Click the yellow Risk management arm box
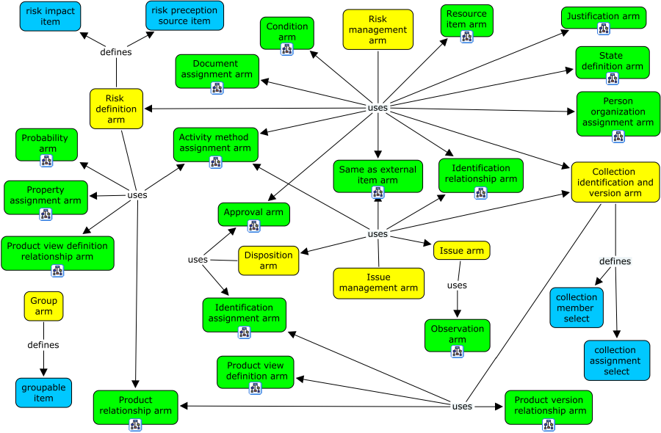pyautogui.click(x=378, y=29)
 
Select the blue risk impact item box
pyautogui.click(x=50, y=16)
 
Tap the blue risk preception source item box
pyautogui.click(x=184, y=15)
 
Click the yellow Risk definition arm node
pyautogui.click(x=116, y=109)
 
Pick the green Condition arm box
pyautogui.click(x=287, y=32)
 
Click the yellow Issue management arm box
pyautogui.click(x=378, y=283)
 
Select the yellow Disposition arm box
pyautogui.click(x=268, y=260)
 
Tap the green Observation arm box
pyautogui.click(x=457, y=334)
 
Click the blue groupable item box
pyautogui.click(x=43, y=393)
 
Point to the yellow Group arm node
pyautogui.click(x=43, y=306)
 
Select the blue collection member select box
pyautogui.click(x=577, y=308)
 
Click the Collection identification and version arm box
pyautogui.click(x=615, y=182)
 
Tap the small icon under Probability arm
pyautogui.click(x=46, y=161)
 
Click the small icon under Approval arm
pyautogui.click(x=253, y=225)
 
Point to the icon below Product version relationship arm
pyautogui.click(x=548, y=424)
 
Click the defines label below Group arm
pyautogui.click(x=43, y=345)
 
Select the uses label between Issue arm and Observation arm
pyautogui.click(x=457, y=285)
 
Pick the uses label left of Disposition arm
pyautogui.click(x=198, y=260)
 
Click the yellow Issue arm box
pyautogui.click(x=461, y=250)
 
